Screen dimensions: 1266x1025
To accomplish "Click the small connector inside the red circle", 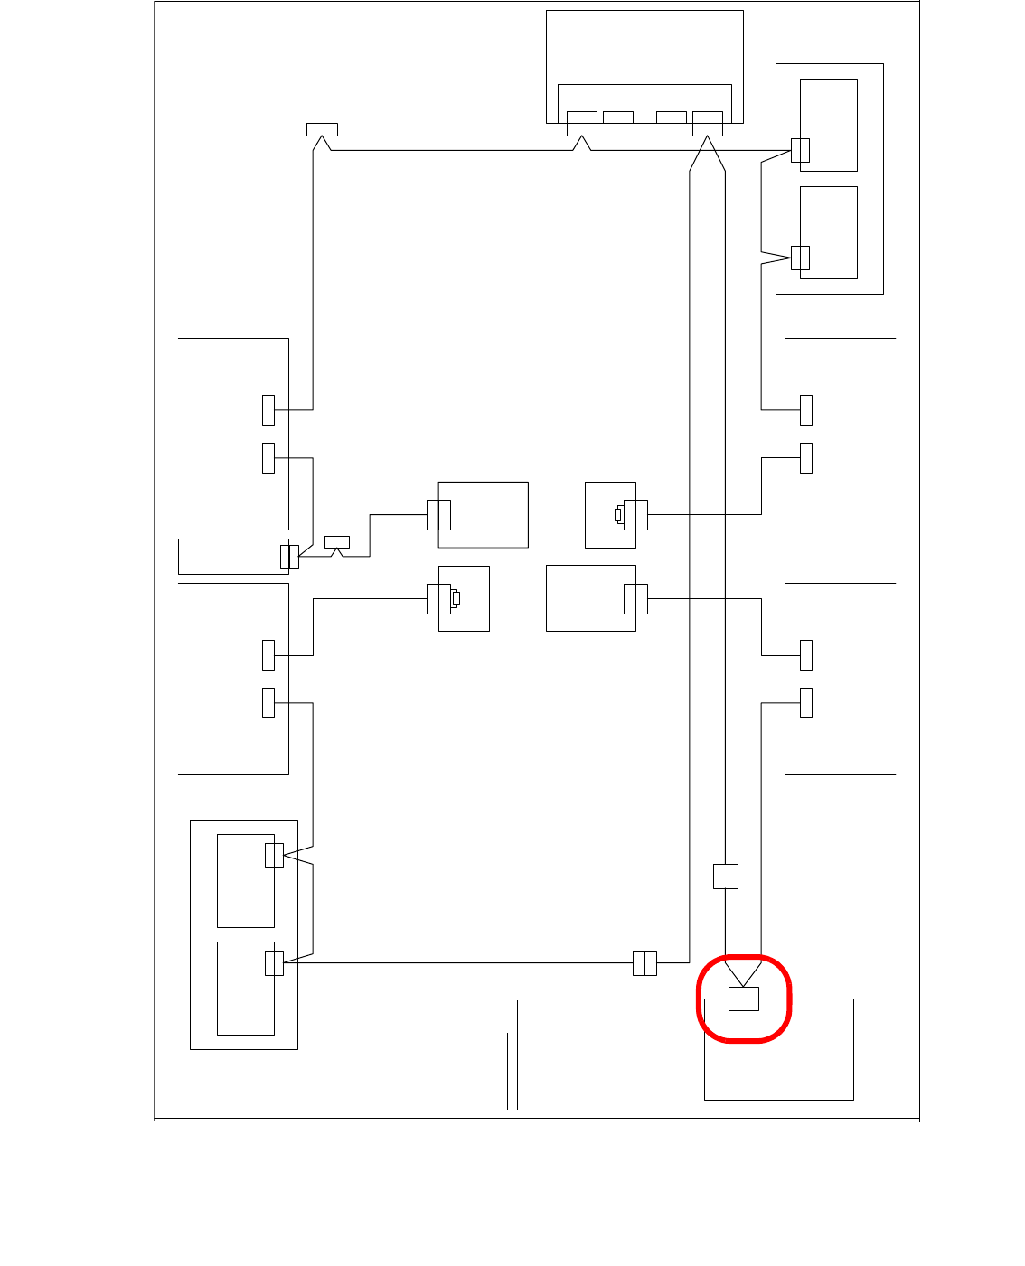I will pos(744,999).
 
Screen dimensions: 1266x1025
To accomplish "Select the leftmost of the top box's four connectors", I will pos(581,123).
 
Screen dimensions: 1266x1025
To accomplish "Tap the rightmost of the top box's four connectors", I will pos(707,123).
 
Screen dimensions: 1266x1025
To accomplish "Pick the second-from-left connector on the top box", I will pos(618,117).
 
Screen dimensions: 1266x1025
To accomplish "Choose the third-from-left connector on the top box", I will pos(671,117).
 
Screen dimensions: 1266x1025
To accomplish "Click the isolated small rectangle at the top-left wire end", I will pos(322,129).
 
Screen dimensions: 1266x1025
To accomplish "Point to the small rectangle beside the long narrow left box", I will pos(336,542).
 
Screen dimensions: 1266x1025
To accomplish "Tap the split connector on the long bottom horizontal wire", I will pos(644,962).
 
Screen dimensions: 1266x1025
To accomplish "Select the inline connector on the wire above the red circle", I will pos(725,877).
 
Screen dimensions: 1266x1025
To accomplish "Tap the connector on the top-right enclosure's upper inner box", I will pos(800,150).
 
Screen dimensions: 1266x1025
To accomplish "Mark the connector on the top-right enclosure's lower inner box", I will pos(800,258).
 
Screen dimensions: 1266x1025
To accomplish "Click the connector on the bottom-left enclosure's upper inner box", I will pos(274,855).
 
